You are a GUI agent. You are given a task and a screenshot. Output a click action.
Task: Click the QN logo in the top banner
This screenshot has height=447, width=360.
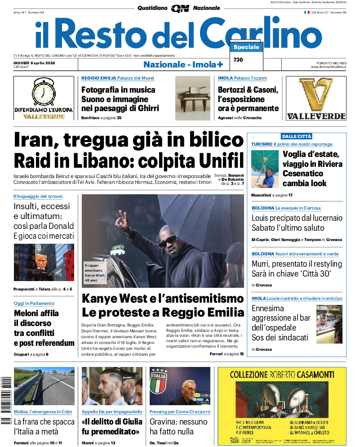(x=180, y=8)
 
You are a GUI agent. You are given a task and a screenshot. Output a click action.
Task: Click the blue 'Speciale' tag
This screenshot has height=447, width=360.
(x=246, y=47)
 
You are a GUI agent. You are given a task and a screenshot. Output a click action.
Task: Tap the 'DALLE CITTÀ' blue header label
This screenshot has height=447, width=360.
(x=296, y=136)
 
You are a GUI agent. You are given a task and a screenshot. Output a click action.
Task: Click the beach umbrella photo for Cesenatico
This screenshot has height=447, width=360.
(x=265, y=169)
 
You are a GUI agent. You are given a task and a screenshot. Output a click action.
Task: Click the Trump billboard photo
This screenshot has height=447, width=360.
(x=44, y=263)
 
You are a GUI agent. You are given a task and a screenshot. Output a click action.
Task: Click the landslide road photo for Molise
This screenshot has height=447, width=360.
(x=44, y=386)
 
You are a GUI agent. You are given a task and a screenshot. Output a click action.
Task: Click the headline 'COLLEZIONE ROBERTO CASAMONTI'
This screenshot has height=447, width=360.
(x=282, y=374)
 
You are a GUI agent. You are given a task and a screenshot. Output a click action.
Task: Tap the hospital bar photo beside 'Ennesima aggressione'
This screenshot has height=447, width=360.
(x=329, y=324)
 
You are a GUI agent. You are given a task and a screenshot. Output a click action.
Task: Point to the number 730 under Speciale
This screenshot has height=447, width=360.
(x=238, y=60)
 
